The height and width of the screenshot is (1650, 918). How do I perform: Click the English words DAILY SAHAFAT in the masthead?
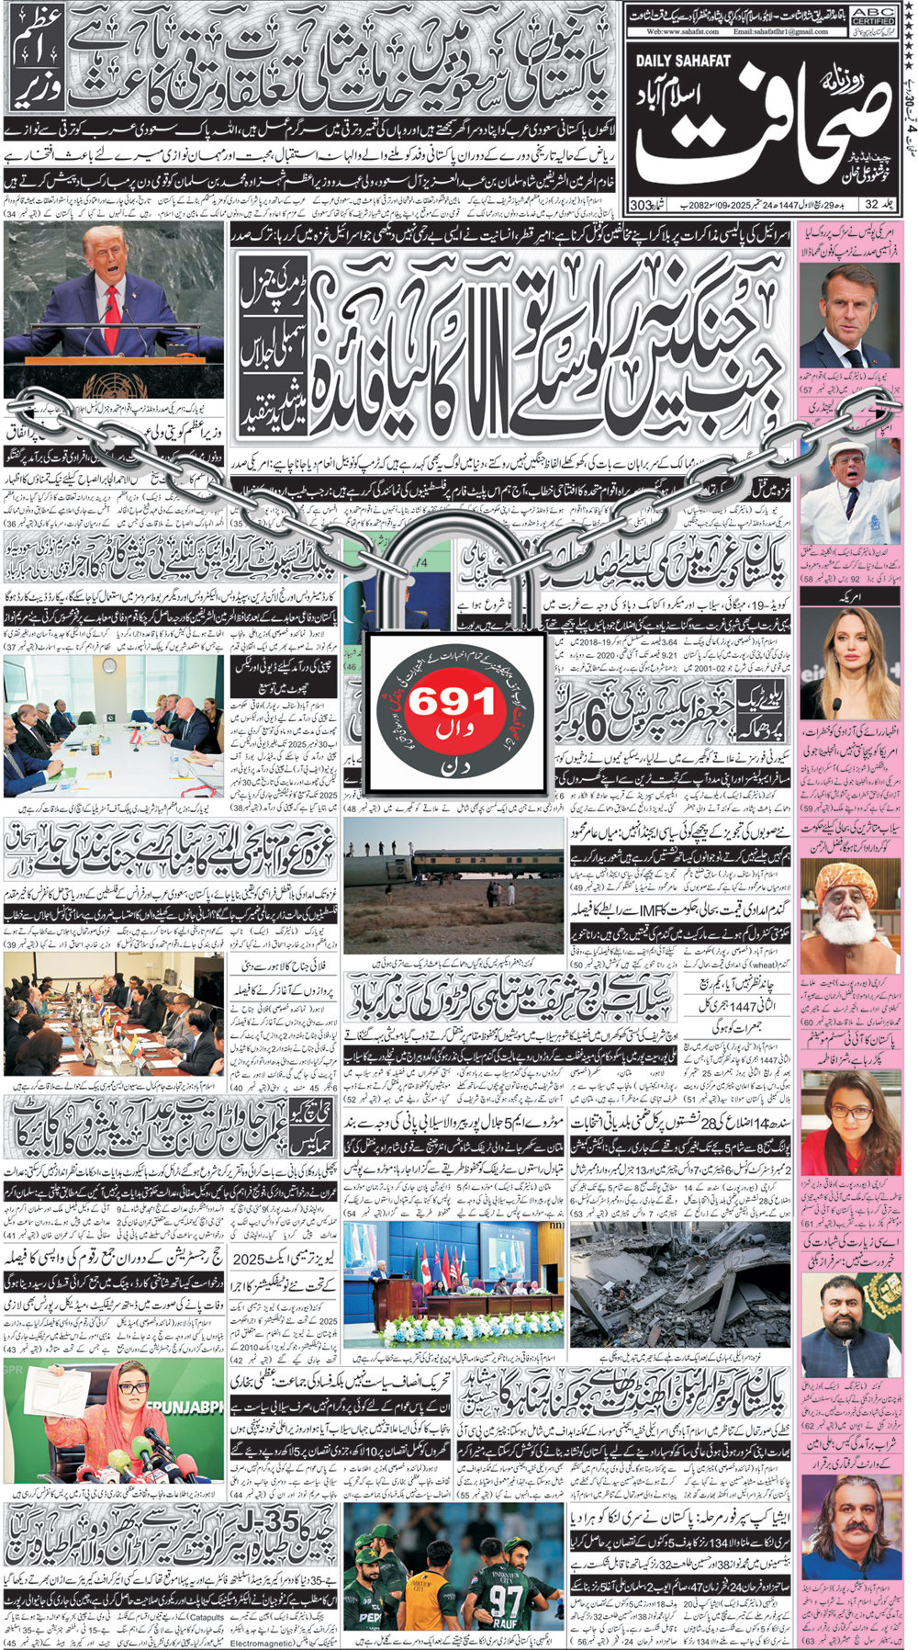(x=683, y=61)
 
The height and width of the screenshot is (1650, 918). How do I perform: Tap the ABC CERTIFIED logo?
(x=873, y=17)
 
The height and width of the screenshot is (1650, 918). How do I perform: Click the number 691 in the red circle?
(x=451, y=704)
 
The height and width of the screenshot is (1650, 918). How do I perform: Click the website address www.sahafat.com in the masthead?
(x=682, y=32)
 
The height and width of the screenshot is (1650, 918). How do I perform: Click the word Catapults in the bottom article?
(x=204, y=1618)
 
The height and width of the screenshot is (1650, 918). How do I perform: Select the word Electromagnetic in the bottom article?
(x=260, y=1643)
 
